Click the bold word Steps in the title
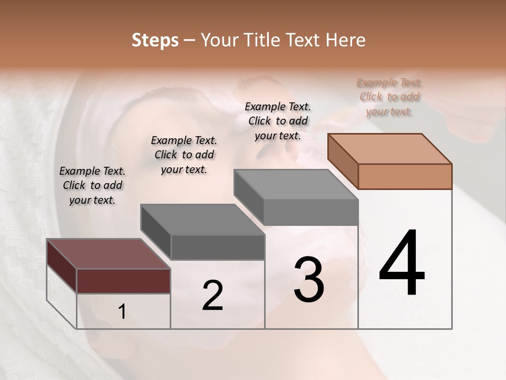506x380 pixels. coord(155,40)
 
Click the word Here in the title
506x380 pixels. coord(345,40)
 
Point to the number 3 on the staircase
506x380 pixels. coord(308,280)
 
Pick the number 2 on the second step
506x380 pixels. coord(212,296)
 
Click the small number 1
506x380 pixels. coord(122,312)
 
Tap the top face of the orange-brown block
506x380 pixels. coord(390,148)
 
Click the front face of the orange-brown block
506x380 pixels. coord(405,176)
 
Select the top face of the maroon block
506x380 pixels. coord(109,253)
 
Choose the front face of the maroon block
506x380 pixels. coord(123,280)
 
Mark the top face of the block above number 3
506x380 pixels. coord(296,185)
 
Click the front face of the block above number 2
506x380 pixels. coord(217,247)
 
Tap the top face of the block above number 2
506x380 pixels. coord(202,219)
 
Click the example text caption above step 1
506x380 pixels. coord(92,185)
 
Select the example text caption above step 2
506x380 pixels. coord(184,155)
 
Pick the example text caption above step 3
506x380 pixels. coord(278,121)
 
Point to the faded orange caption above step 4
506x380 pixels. coord(390,97)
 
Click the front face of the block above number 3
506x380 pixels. coord(311,212)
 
